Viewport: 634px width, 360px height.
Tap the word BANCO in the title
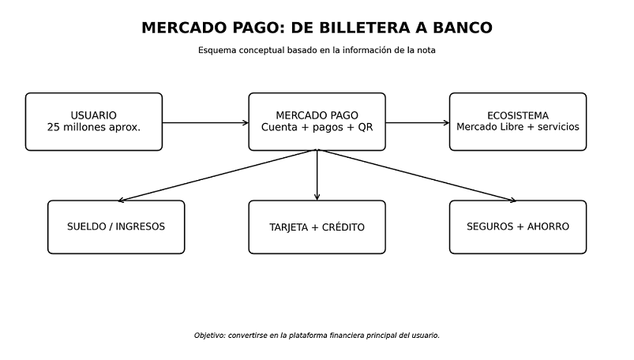coord(463,28)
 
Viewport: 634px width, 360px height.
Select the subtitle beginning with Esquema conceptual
coord(317,51)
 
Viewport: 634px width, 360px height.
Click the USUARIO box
coord(94,122)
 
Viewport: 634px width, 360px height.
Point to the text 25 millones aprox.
coord(94,127)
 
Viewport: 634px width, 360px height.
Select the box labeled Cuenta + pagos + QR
coord(317,122)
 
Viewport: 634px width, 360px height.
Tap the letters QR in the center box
coord(365,127)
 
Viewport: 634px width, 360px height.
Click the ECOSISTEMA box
coord(518,122)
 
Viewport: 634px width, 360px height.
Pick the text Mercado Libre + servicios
coord(518,127)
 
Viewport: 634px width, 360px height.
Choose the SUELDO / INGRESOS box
coord(116,227)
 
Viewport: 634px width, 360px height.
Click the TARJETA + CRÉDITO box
coord(317,227)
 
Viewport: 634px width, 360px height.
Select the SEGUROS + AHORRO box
coord(518,227)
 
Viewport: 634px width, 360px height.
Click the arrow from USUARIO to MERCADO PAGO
coord(205,122)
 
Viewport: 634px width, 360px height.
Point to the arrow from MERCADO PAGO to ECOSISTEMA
coord(418,122)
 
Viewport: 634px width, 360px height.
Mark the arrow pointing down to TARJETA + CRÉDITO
coord(317,175)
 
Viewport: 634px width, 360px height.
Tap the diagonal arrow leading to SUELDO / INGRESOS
coord(218,175)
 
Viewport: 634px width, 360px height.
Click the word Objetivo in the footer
coord(209,336)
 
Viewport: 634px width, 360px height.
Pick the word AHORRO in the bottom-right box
coord(548,227)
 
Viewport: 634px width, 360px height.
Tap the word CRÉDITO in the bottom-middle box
coord(343,227)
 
